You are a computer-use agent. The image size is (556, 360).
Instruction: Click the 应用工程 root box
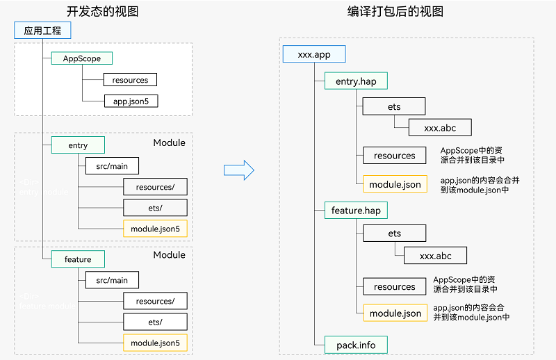point(42,31)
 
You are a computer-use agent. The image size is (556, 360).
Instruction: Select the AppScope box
point(82,58)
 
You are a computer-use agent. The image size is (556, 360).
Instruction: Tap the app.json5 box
point(131,101)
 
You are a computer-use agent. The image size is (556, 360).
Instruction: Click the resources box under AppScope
point(130,80)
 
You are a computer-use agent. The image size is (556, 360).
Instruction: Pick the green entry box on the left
point(78,145)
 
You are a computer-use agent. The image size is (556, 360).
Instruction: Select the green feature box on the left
point(78,259)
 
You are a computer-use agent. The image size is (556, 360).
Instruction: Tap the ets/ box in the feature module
point(155,322)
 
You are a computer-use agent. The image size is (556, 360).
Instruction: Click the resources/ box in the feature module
point(155,301)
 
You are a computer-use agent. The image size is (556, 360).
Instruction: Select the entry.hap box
point(356,81)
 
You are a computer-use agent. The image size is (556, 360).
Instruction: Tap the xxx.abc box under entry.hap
point(439,128)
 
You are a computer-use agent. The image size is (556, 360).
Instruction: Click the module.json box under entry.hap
point(395,184)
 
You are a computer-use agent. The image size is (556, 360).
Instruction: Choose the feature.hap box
point(356,210)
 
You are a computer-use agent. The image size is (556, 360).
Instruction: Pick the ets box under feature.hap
point(394,234)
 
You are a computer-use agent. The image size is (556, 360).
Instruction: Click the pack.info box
point(356,344)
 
